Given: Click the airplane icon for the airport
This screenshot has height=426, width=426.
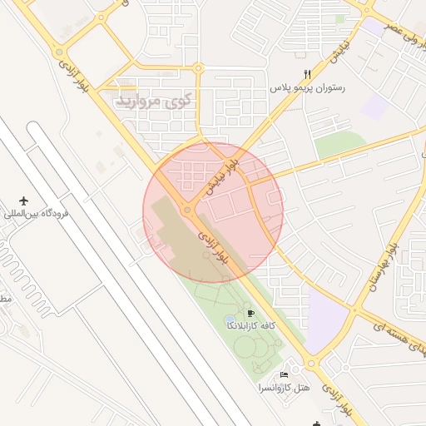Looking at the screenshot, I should coord(23,202).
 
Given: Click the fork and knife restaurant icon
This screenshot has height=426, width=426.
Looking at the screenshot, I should coord(307,75).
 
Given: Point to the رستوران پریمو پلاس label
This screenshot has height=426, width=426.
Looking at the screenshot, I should coord(307,87).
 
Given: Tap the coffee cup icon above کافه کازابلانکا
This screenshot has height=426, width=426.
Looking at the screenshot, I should coord(251,313).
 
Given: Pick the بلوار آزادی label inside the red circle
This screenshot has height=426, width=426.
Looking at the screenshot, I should coord(215,249).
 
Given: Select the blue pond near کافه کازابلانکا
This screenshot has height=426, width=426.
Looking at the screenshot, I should coord(230,319).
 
